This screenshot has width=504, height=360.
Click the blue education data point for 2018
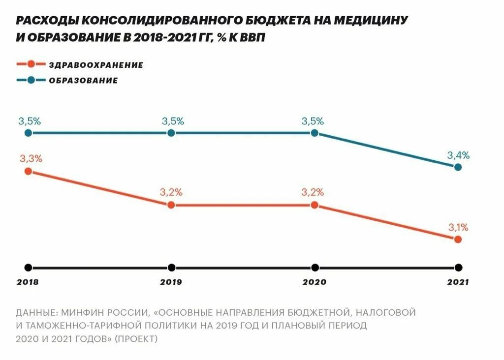[28, 133]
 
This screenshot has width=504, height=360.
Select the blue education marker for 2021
[458, 167]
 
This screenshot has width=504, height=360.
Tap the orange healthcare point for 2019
[171, 205]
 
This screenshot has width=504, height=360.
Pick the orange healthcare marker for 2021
[458, 240]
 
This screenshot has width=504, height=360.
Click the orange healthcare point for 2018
[28, 171]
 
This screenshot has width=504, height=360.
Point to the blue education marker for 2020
[315, 133]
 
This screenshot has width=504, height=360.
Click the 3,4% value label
[458, 155]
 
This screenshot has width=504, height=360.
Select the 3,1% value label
[458, 227]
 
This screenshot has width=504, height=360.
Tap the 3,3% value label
[31, 159]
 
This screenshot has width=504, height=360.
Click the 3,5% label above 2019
[173, 121]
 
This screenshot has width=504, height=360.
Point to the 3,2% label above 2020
[313, 192]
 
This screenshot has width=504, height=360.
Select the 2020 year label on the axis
[314, 282]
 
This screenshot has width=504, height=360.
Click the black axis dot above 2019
[171, 268]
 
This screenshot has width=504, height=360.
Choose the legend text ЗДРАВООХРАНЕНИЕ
[96, 65]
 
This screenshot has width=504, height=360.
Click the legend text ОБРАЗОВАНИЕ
[83, 81]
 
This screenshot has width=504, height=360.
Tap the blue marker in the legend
[31, 80]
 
